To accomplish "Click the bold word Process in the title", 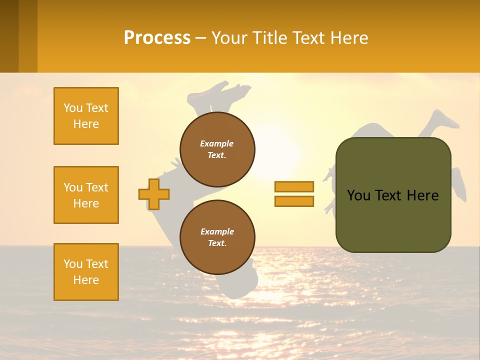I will [157, 37].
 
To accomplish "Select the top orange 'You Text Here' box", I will [86, 116].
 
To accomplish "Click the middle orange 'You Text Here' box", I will [86, 195].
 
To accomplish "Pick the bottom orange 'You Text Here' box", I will [86, 272].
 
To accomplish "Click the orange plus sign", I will [154, 194].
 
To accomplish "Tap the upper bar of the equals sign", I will [294, 186].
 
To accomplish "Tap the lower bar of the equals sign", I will [294, 201].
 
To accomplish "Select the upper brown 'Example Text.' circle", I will [217, 149].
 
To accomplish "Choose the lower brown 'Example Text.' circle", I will [217, 237].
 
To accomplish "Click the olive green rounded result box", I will [393, 220].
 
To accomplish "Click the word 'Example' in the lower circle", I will [217, 231].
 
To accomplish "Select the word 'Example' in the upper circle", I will [217, 143].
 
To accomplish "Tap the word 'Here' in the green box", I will [422, 195].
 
